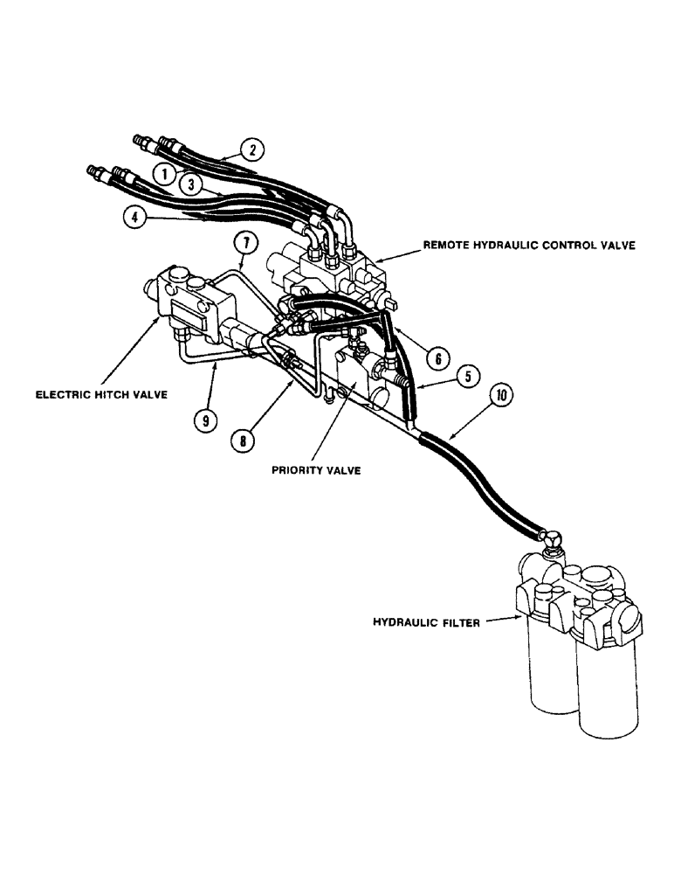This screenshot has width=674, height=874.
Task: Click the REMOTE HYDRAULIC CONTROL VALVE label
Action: (529, 247)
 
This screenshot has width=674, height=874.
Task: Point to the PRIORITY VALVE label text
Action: (315, 469)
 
